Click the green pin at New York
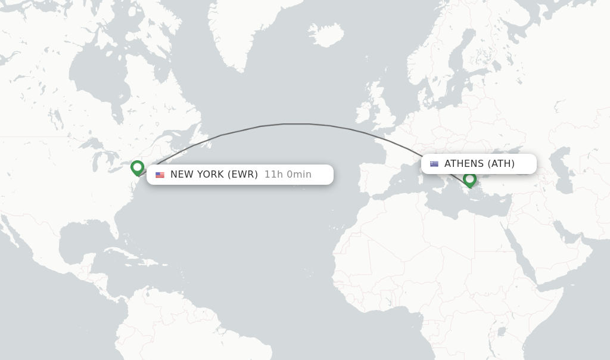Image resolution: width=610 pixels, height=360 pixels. pyautogui.click(x=138, y=167)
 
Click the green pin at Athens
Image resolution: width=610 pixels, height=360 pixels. pyautogui.click(x=469, y=179)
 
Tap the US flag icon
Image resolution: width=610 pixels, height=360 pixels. pyautogui.click(x=160, y=175)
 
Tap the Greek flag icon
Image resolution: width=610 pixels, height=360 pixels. pyautogui.click(x=434, y=164)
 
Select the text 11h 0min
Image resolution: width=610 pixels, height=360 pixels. pyautogui.click(x=288, y=175)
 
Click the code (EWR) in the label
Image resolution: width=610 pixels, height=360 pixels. pyautogui.click(x=242, y=175)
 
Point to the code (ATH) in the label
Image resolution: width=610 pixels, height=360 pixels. pyautogui.click(x=501, y=164)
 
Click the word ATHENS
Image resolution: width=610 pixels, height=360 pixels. pyautogui.click(x=464, y=164)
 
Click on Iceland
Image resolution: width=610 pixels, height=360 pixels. pyautogui.click(x=326, y=35)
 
